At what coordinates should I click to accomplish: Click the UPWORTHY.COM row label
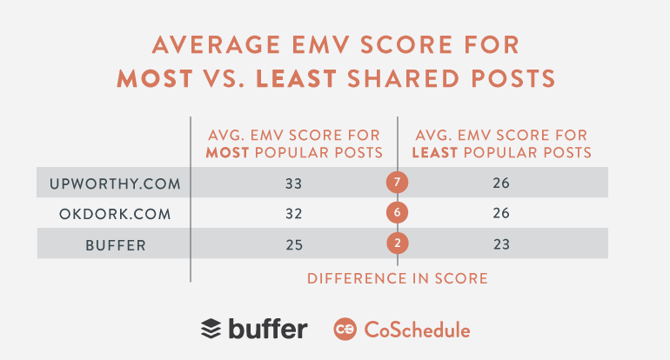[113, 183]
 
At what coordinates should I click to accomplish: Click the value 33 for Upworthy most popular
[293, 183]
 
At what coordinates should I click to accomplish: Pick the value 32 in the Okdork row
[293, 214]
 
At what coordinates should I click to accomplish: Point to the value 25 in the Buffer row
[293, 245]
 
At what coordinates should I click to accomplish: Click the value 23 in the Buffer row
[500, 245]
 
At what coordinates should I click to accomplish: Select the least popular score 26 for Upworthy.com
[500, 183]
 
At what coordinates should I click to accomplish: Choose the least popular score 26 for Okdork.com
[500, 214]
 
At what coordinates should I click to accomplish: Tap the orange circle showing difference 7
[397, 183]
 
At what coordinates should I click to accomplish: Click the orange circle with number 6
[397, 214]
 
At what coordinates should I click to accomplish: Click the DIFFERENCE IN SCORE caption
[397, 279]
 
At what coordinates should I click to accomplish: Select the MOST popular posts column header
[293, 143]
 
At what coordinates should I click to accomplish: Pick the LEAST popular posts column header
[500, 143]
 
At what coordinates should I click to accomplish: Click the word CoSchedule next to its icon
[417, 330]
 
